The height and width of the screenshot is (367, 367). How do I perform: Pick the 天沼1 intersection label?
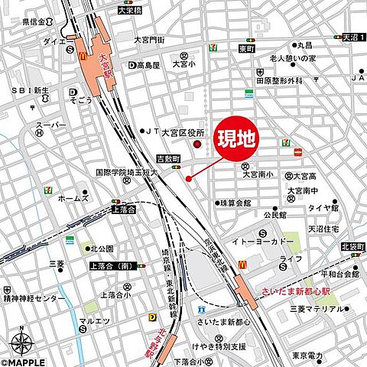coord(352,36)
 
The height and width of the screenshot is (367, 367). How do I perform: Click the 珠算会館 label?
coord(235,203)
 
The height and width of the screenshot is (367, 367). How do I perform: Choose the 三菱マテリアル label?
coord(316,309)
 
